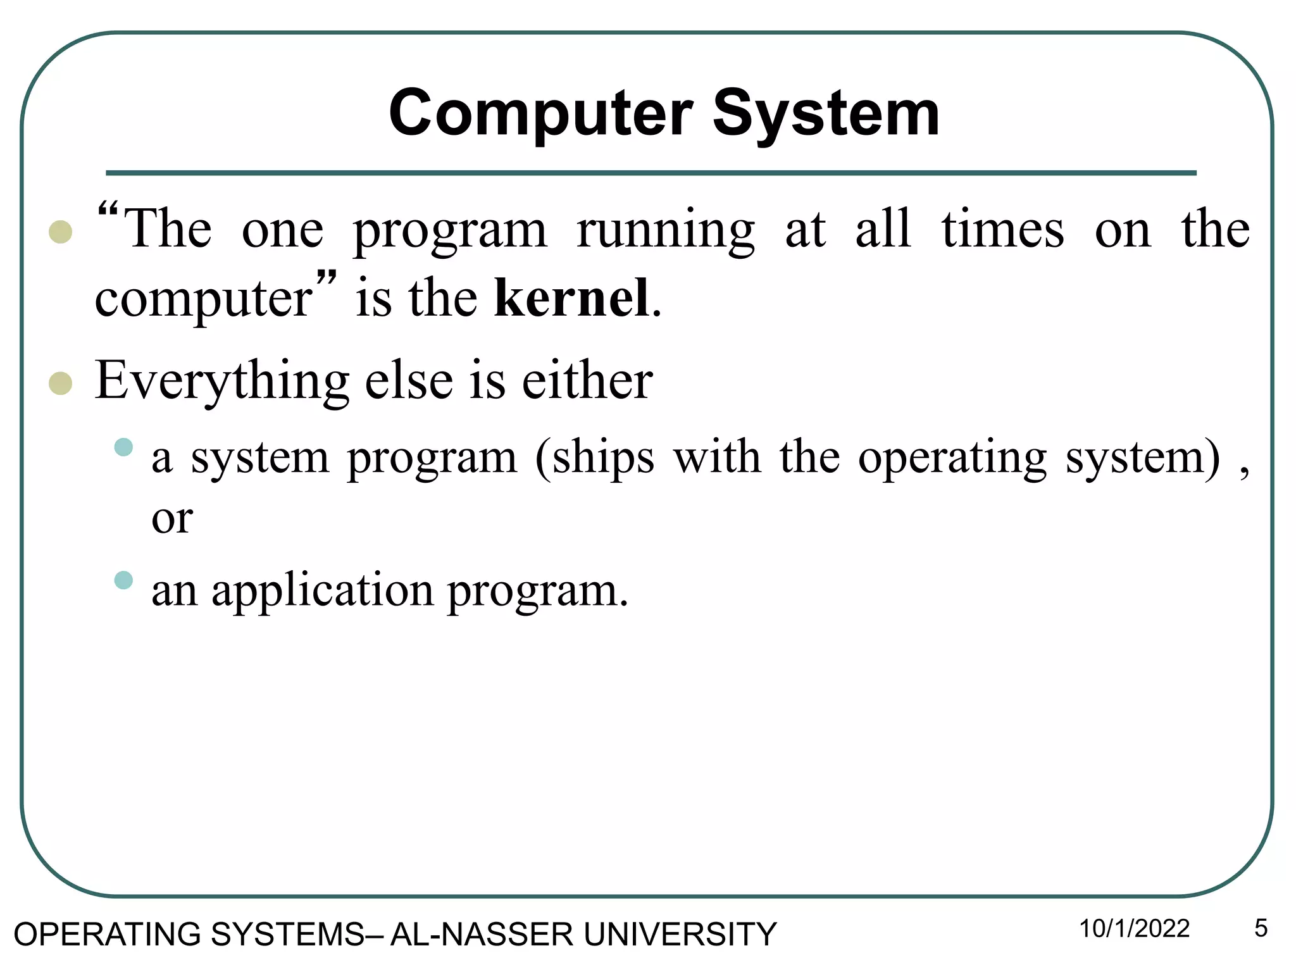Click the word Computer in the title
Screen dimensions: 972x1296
pyautogui.click(x=540, y=114)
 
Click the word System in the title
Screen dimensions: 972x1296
pyautogui.click(x=826, y=114)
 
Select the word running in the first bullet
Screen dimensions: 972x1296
pyautogui.click(x=665, y=230)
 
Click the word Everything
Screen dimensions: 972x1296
pyautogui.click(x=221, y=381)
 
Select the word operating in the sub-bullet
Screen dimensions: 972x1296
pyautogui.click(x=952, y=458)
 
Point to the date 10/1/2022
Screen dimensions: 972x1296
pyautogui.click(x=1134, y=929)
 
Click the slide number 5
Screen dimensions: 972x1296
pyautogui.click(x=1261, y=929)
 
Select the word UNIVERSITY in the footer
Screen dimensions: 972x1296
pyautogui.click(x=680, y=935)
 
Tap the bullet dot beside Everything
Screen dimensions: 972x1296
pyautogui.click(x=60, y=383)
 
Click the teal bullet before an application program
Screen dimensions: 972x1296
pyautogui.click(x=123, y=580)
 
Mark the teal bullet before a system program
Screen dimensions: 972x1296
pyautogui.click(x=123, y=447)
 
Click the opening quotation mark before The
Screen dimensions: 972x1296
pyautogui.click(x=108, y=211)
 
